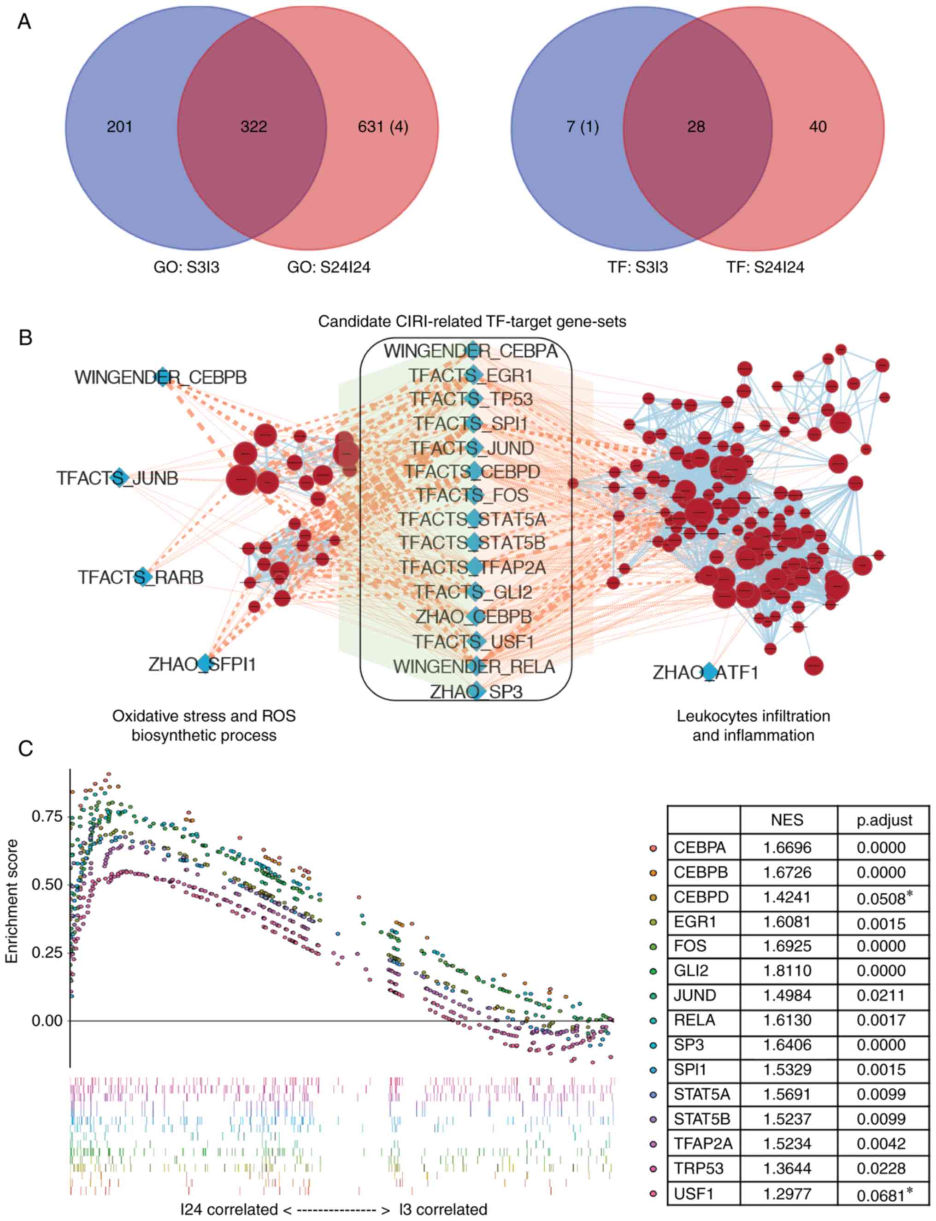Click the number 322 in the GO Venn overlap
[x=253, y=127]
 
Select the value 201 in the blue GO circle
[x=119, y=127]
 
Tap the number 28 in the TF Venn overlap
[x=696, y=127]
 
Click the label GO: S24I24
[x=329, y=267]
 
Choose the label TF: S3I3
[x=638, y=267]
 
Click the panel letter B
[x=25, y=338]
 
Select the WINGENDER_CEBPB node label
[x=160, y=378]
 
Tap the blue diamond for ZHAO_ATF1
[x=709, y=672]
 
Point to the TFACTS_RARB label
[x=141, y=578]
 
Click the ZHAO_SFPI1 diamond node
[x=205, y=663]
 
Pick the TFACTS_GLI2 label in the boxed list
[x=474, y=592]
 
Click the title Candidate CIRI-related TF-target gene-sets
[x=472, y=322]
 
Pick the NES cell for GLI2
[x=787, y=971]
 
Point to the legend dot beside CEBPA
[x=653, y=848]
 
